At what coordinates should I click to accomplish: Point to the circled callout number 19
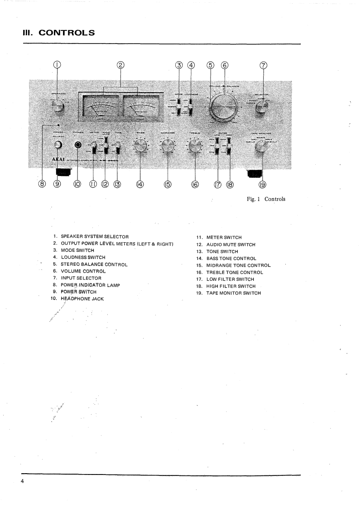(262, 184)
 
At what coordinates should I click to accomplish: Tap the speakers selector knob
(57, 107)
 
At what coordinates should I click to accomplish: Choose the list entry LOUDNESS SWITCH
(83, 257)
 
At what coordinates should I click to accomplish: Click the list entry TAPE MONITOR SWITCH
(233, 293)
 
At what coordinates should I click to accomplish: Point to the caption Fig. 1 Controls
(266, 199)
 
